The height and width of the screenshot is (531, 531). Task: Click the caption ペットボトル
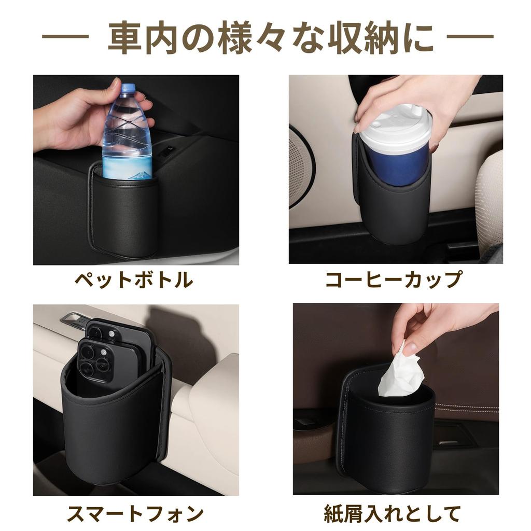(x=134, y=281)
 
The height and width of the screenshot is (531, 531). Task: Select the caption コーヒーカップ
(x=394, y=280)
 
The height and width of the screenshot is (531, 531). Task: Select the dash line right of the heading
(x=469, y=37)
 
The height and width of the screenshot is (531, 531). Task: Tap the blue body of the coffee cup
(x=395, y=163)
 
